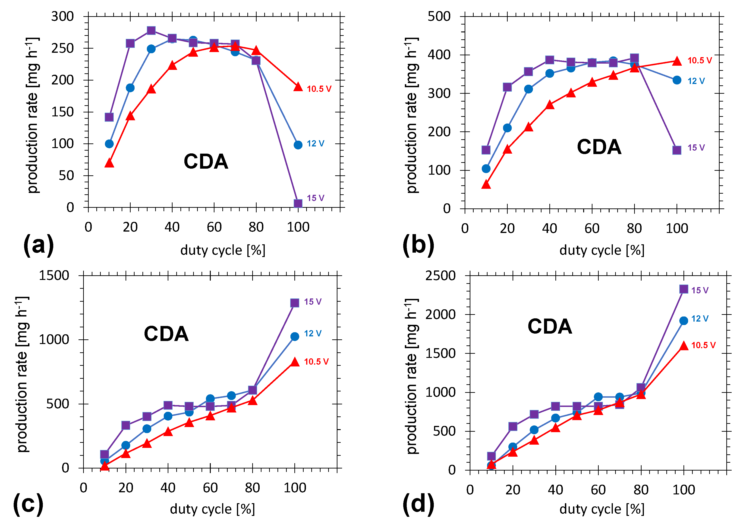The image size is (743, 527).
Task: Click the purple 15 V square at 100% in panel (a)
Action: pyautogui.click(x=298, y=203)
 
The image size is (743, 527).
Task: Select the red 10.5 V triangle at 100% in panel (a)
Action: pyautogui.click(x=298, y=87)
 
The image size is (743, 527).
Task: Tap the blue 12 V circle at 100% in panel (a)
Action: pyautogui.click(x=298, y=145)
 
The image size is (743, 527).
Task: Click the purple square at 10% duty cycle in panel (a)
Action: pyautogui.click(x=109, y=117)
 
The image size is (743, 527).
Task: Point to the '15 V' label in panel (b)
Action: pyautogui.click(x=696, y=148)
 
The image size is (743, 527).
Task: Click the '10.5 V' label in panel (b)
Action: pyautogui.click(x=699, y=60)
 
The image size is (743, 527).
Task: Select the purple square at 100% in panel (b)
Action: pyautogui.click(x=677, y=150)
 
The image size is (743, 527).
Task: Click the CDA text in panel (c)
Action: pyautogui.click(x=166, y=334)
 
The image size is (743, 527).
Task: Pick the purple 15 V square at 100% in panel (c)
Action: pyautogui.click(x=295, y=303)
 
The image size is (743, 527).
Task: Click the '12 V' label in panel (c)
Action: pyautogui.click(x=312, y=333)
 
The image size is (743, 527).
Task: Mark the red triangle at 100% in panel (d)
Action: pyautogui.click(x=684, y=346)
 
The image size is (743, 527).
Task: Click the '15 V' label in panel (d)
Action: pyautogui.click(x=700, y=290)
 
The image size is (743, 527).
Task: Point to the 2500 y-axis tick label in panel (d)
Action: pyautogui.click(x=441, y=276)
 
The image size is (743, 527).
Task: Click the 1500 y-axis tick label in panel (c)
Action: pyautogui.click(x=54, y=276)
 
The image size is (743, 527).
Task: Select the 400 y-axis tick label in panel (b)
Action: pyautogui.click(x=439, y=55)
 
